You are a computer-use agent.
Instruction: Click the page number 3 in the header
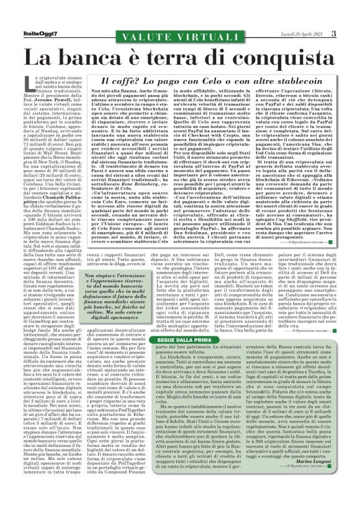tap(351, 34)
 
